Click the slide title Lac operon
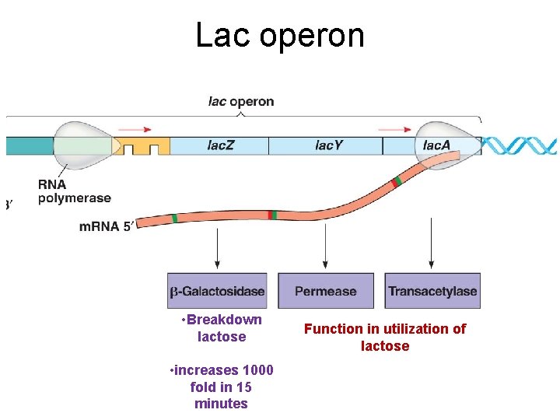click(x=279, y=35)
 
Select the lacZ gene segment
click(x=219, y=145)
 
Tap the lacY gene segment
click(x=326, y=145)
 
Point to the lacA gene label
click(x=436, y=145)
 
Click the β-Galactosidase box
click(x=217, y=292)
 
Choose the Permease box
click(x=326, y=292)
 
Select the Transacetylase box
click(x=432, y=292)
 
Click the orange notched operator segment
click(x=145, y=145)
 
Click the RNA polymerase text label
click(x=75, y=191)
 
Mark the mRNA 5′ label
click(x=107, y=227)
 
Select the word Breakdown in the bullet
click(x=224, y=320)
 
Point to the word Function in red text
click(x=332, y=329)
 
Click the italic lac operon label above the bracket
click(x=241, y=101)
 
